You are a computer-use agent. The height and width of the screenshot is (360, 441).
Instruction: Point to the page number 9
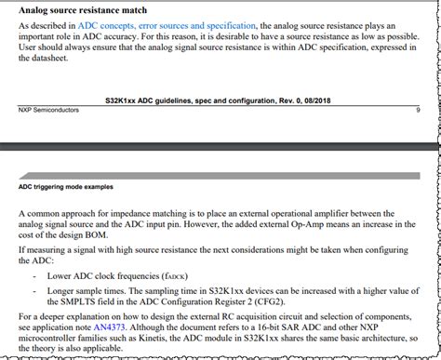418,109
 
